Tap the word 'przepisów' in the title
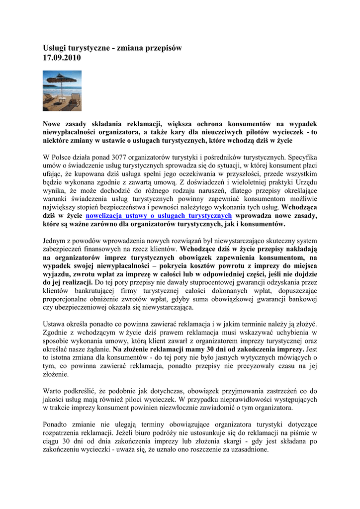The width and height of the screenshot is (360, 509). point(161,48)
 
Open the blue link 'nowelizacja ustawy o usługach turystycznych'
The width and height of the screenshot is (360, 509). point(159,216)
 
